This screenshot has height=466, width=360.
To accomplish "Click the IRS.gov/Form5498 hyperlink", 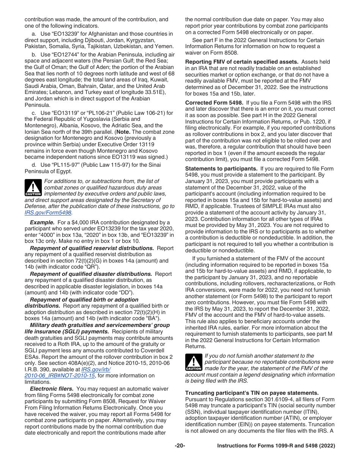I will point(48,213).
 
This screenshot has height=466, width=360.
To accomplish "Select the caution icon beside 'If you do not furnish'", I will point(193,363).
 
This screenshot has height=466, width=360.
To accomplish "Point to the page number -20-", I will point(180,446).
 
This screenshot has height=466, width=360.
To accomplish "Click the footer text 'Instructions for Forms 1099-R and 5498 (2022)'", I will point(276,446).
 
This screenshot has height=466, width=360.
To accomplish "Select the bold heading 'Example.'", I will point(42,222).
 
